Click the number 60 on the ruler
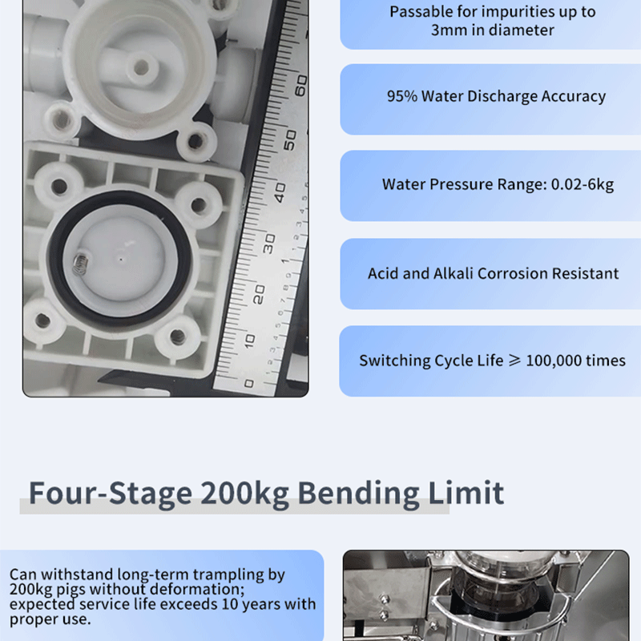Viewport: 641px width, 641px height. tap(301, 86)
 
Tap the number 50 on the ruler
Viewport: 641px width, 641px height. tap(290, 140)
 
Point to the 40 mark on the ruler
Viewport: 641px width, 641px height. tap(280, 193)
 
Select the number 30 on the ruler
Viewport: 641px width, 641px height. tap(269, 244)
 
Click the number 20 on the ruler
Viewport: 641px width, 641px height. tap(259, 294)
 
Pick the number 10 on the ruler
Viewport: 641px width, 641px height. tap(250, 341)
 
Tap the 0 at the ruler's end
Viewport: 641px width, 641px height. tap(248, 384)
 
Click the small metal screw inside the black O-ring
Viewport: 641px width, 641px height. tap(81, 263)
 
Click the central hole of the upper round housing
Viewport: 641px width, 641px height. tap(142, 67)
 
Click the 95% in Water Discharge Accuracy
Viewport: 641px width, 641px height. tap(402, 96)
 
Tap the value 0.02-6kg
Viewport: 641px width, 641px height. tap(583, 185)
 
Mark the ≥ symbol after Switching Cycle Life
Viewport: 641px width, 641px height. tap(514, 360)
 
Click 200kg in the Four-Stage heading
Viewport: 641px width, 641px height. tap(245, 494)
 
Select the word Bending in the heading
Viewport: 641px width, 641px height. tap(358, 494)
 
